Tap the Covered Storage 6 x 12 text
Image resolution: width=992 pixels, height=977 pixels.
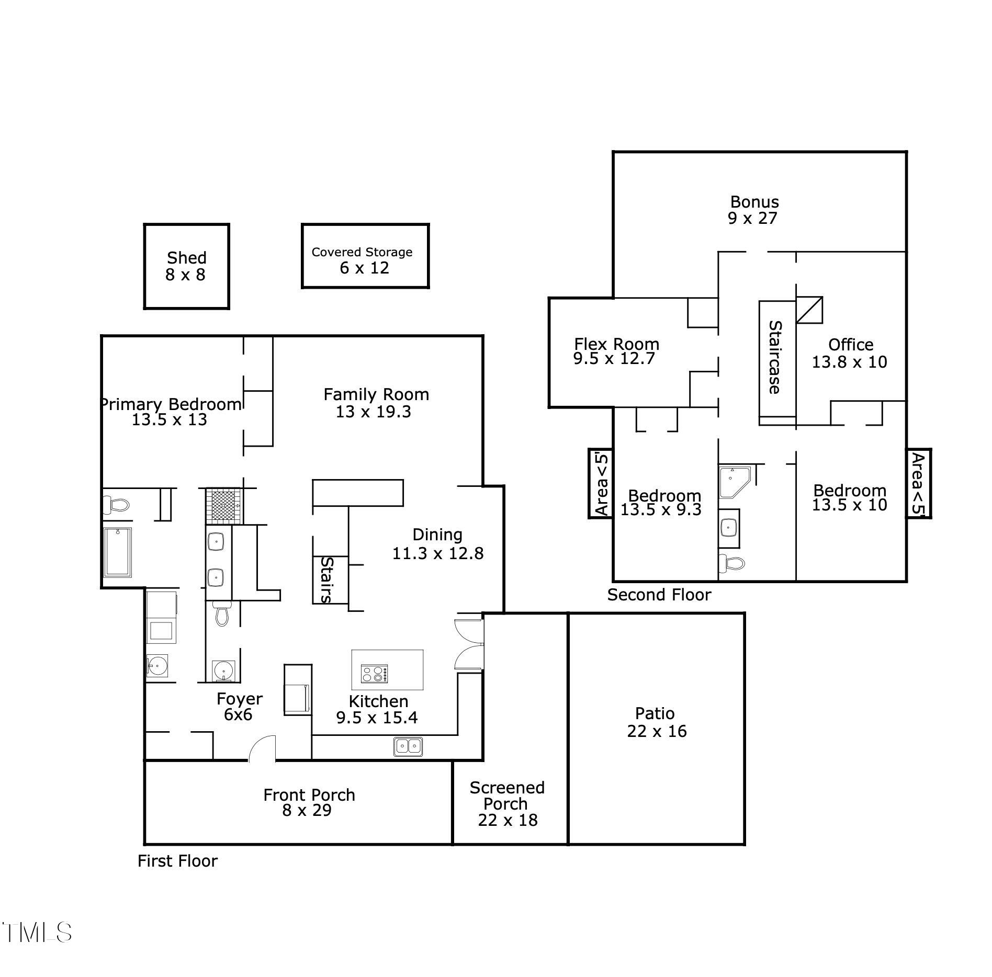tap(362, 260)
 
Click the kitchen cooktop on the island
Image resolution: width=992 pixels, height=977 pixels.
tap(375, 673)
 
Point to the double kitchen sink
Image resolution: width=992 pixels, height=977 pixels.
tap(409, 746)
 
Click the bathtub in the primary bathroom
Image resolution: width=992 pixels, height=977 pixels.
tap(118, 552)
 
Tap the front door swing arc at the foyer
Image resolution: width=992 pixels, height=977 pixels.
tap(262, 748)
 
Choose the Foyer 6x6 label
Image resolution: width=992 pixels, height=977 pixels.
tap(239, 707)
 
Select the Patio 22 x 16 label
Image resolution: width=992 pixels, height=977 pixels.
tap(656, 722)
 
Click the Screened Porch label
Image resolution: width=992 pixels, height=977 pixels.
tap(507, 795)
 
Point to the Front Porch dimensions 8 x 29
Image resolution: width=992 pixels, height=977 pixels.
tap(307, 810)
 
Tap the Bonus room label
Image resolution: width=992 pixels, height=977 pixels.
tap(754, 210)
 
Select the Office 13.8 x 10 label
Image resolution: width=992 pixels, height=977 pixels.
tap(850, 353)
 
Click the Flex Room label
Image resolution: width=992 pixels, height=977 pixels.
tap(616, 351)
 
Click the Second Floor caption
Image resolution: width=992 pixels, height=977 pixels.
tap(659, 595)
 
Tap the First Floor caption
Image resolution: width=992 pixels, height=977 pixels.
tap(177, 861)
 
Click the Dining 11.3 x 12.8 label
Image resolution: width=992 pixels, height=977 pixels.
tap(438, 544)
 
